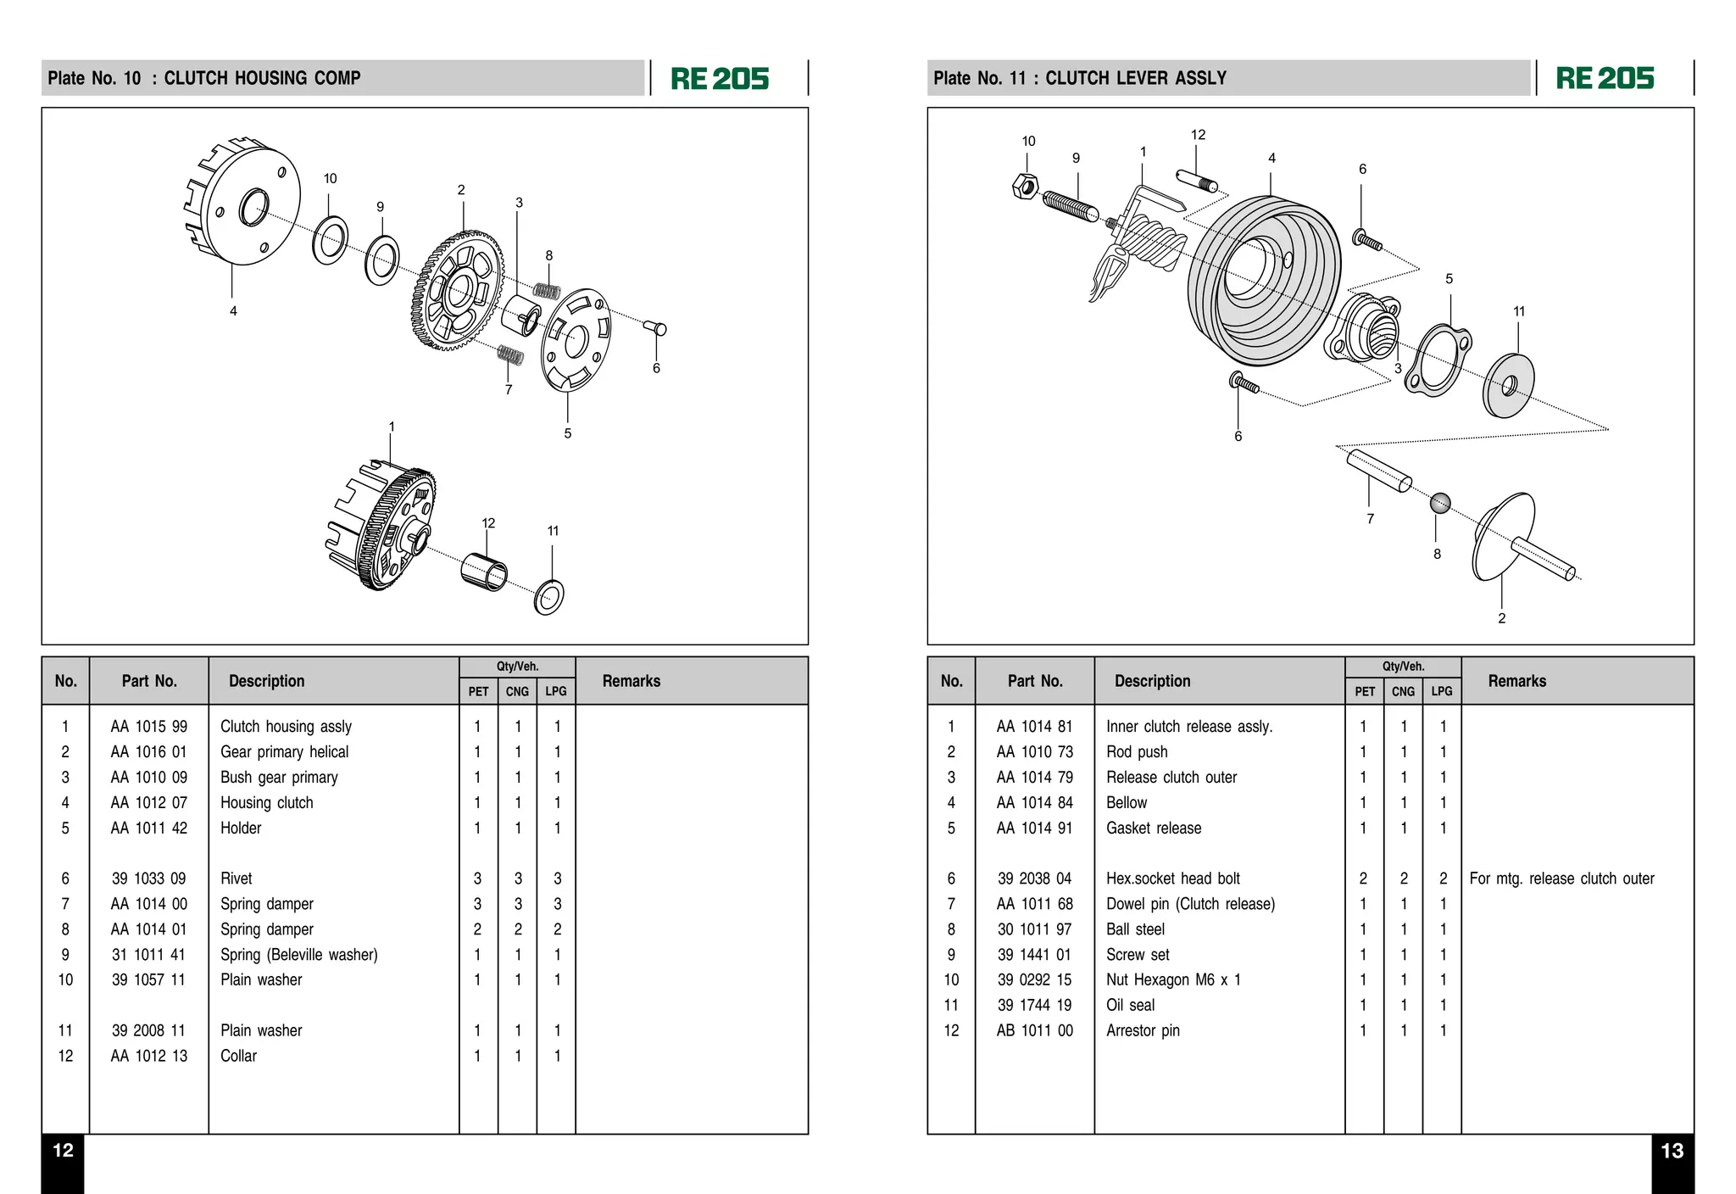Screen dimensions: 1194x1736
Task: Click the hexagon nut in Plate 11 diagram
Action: pos(1025,186)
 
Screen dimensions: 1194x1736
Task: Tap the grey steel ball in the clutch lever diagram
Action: pos(1440,504)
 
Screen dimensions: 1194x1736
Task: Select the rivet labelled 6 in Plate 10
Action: pos(655,327)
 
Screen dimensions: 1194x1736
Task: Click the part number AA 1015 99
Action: pos(149,727)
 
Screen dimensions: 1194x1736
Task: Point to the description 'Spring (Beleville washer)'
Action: pos(298,955)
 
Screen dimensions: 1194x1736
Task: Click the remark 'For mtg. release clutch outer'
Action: pos(1561,879)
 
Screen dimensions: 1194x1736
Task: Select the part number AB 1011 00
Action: pos(1034,1030)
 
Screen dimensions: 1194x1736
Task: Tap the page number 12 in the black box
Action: pos(63,1151)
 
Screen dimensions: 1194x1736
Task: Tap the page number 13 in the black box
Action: pos(1672,1151)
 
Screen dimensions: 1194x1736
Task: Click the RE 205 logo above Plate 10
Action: pos(720,79)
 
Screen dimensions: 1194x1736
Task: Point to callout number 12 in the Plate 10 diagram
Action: pos(488,523)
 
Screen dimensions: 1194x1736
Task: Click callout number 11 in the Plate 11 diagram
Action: pos(1519,311)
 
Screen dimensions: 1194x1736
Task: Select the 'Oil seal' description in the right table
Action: pos(1130,1005)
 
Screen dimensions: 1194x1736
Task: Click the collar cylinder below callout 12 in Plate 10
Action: pos(484,570)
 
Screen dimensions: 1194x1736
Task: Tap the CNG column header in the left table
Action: pos(517,691)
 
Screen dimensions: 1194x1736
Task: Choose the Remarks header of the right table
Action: pos(1516,681)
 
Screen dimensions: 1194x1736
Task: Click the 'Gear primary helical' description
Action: pos(284,752)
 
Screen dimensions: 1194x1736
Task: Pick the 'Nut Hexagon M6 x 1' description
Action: pos(1173,980)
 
